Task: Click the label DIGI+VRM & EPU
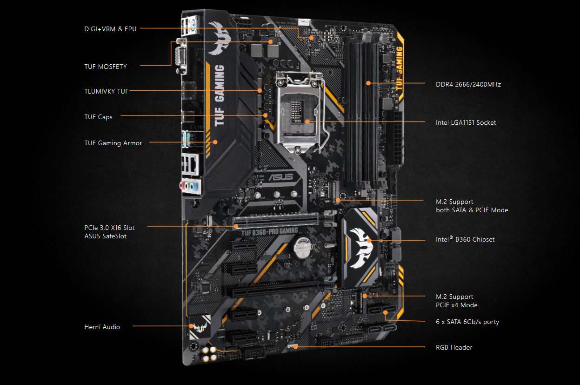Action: pos(110,29)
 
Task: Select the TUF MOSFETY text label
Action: pos(106,67)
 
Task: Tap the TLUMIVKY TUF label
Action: pos(107,91)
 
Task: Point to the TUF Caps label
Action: pos(98,117)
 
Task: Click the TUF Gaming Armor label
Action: pos(113,143)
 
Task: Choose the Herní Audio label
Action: pos(102,327)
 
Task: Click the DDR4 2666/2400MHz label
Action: pos(468,84)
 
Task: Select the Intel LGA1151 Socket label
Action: pos(466,122)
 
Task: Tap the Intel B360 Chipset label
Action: pos(465,240)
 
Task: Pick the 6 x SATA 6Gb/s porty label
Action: pos(467,322)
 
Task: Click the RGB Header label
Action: pos(453,347)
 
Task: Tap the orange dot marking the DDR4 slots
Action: pos(368,83)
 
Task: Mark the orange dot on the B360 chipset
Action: pos(370,241)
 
